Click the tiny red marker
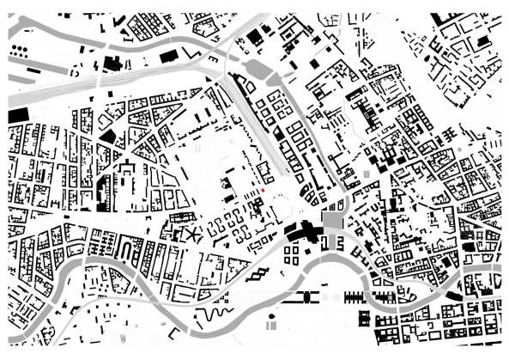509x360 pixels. pos(264,191)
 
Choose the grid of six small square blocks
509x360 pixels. pos(294,254)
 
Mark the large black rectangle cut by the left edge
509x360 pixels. pos(17,115)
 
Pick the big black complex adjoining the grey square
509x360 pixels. pos(300,230)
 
